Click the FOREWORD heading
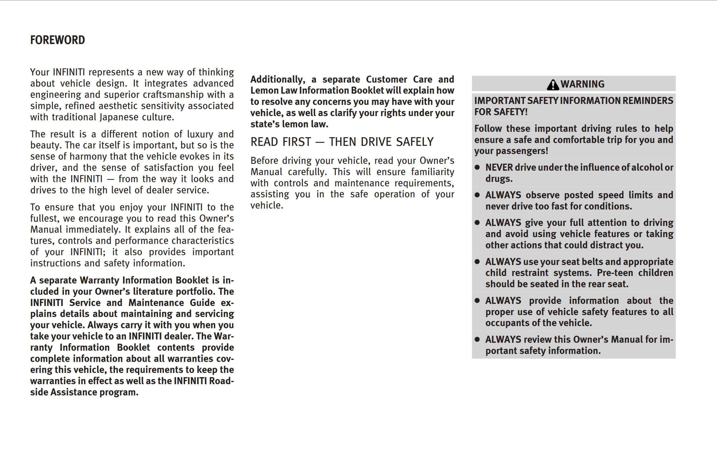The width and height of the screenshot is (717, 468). pos(57,40)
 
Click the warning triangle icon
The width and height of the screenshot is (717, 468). pos(553,85)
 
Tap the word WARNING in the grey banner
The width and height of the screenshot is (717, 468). pos(582,84)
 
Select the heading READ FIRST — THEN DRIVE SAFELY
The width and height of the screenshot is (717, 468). pos(342,142)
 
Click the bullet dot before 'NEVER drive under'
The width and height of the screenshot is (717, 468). pos(477,167)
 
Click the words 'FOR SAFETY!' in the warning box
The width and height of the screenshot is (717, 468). pos(501,112)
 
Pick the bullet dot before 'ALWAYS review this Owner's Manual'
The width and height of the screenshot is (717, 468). pos(477,339)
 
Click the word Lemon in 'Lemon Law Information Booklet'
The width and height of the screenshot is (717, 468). pos(264,91)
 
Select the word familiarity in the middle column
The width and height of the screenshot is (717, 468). pos(432,172)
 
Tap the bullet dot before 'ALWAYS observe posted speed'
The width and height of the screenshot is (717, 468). pos(477,195)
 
